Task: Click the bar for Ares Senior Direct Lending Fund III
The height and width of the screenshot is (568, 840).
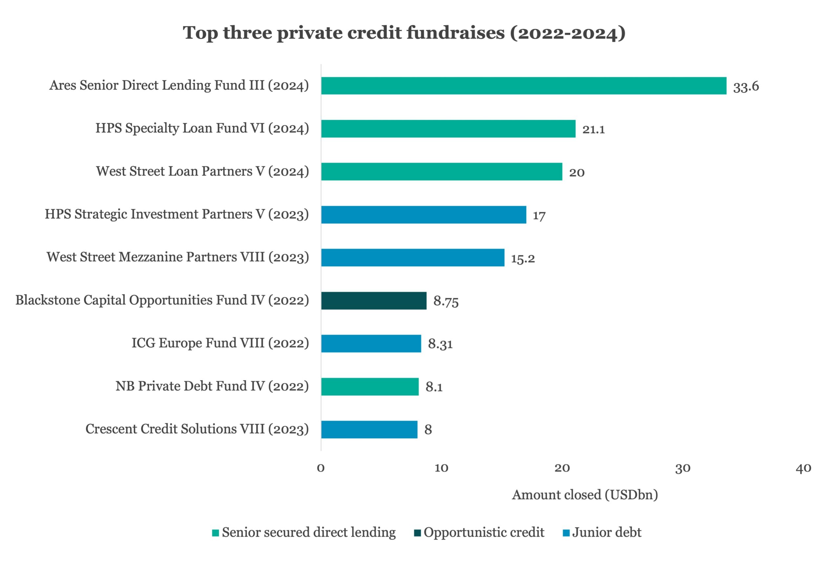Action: [x=523, y=86]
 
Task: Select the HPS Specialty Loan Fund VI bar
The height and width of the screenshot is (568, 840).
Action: [x=448, y=129]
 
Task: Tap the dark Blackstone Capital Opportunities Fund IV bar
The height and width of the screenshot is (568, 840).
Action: [x=374, y=301]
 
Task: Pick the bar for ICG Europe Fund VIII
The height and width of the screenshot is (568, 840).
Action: [x=371, y=343]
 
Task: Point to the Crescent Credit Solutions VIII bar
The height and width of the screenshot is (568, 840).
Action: [x=369, y=429]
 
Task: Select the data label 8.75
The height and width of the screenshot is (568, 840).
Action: [x=446, y=301]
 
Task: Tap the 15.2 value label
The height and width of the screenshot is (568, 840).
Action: [x=523, y=258]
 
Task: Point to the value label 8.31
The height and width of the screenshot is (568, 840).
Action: [x=440, y=344]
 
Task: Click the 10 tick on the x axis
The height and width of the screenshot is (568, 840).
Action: [x=441, y=468]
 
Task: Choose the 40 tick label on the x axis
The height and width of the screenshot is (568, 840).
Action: [x=803, y=468]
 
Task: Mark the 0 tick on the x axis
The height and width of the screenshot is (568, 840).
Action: [x=321, y=468]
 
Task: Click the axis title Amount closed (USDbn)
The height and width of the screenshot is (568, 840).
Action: [x=585, y=495]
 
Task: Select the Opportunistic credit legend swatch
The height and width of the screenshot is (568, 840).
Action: [x=417, y=533]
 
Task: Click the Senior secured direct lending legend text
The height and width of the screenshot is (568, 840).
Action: [x=309, y=533]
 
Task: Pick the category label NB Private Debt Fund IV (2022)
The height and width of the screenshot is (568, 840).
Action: [x=212, y=386]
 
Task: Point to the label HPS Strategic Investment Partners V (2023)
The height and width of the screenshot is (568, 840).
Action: [x=177, y=214]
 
